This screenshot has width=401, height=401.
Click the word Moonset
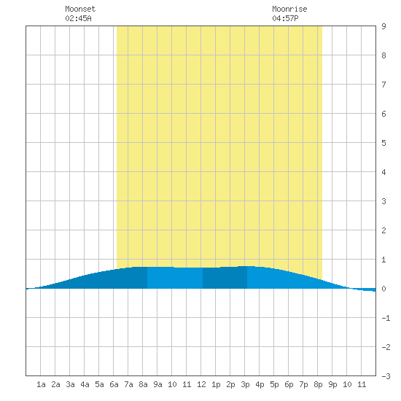[80, 9]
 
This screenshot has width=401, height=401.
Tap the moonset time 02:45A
[78, 18]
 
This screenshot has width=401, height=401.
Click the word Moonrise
[289, 9]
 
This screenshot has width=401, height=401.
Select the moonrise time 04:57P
[285, 18]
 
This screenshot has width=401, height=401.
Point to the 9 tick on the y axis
[384, 26]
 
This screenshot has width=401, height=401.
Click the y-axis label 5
[384, 143]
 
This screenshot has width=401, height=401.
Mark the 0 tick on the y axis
[384, 289]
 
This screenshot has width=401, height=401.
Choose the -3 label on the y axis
[386, 376]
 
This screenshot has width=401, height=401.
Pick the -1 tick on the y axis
[386, 318]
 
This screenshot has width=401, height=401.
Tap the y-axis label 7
[384, 85]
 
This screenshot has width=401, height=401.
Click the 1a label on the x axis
[41, 384]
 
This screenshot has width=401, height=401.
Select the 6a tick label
[114, 384]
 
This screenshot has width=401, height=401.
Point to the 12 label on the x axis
[201, 384]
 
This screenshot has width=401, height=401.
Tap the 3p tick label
[245, 384]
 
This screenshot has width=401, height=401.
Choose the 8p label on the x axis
[318, 384]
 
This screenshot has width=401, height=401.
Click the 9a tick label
[157, 384]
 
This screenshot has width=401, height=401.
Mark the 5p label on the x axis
[274, 384]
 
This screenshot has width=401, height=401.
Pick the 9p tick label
[332, 384]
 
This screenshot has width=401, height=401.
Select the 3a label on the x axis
[70, 384]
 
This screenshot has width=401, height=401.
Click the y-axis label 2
[384, 230]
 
